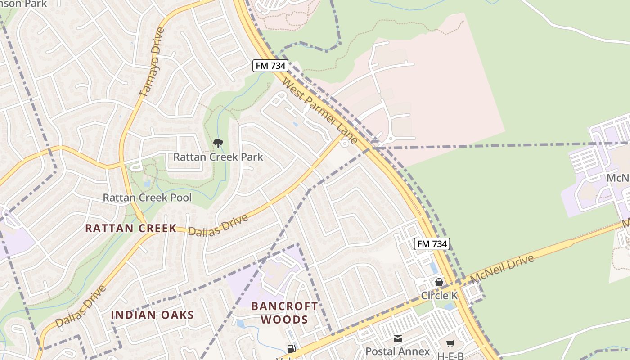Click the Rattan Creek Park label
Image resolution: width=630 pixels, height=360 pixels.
(218, 157)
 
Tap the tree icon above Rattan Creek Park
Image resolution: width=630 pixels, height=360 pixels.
(218, 144)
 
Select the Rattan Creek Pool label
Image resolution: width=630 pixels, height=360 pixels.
(147, 198)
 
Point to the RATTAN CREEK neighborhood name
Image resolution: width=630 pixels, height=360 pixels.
(131, 228)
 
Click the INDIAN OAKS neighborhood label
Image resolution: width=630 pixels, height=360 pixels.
(152, 315)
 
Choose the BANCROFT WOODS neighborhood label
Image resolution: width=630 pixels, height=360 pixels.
(284, 313)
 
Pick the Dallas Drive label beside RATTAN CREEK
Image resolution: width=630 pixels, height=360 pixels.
(218, 225)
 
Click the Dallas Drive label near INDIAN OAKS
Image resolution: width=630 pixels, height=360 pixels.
(81, 306)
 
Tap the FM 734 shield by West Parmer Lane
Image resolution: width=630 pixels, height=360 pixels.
(270, 66)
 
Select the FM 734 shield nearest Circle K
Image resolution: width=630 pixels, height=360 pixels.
(432, 244)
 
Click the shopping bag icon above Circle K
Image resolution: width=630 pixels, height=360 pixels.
(439, 282)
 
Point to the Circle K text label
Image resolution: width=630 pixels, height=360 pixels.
(439, 296)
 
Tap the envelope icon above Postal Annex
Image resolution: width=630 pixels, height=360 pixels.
(398, 338)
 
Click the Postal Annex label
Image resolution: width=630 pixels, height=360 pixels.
(398, 351)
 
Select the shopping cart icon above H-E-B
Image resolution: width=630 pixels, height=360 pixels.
(450, 344)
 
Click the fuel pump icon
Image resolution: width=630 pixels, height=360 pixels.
(292, 348)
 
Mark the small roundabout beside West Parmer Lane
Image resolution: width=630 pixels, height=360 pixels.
(345, 144)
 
